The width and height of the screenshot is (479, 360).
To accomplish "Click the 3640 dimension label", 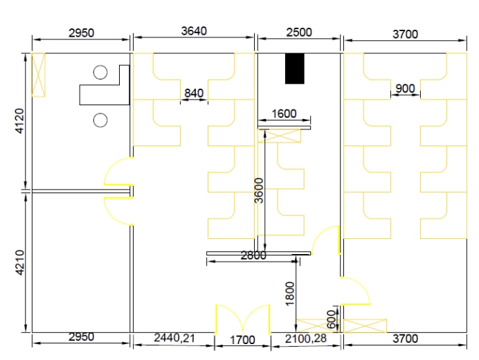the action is [x=194, y=31].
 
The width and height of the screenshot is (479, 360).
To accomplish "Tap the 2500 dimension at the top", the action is [x=299, y=32].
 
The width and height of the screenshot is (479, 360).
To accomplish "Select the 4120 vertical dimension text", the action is [x=19, y=121].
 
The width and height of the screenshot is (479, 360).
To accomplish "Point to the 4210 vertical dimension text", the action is [x=19, y=262].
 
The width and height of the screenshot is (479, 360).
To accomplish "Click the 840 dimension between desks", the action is [x=194, y=93].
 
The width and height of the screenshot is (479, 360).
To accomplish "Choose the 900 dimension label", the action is [x=405, y=89].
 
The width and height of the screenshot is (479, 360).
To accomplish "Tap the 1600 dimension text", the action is [x=284, y=114].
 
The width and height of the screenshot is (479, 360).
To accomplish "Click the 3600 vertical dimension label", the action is [x=259, y=190].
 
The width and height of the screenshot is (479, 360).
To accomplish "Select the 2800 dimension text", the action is [x=253, y=255].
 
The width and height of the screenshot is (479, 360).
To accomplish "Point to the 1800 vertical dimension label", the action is [x=289, y=294].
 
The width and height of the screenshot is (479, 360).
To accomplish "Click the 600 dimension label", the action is [x=331, y=319].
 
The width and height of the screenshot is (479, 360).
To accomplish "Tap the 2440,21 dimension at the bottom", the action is [x=174, y=338].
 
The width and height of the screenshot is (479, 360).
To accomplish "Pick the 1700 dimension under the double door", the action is [x=242, y=340].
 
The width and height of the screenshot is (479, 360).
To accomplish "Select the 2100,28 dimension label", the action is [x=306, y=339].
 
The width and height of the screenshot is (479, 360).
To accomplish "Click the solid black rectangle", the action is [x=295, y=69].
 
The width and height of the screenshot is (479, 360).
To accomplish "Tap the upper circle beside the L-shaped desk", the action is [x=100, y=73].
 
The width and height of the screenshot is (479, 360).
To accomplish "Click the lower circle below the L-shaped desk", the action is [x=100, y=120].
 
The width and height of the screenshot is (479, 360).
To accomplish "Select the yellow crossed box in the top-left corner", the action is [x=39, y=75].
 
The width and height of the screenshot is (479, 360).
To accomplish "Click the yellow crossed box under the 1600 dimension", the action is [x=279, y=136].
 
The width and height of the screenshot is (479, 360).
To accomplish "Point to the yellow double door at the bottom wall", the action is [x=242, y=318].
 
